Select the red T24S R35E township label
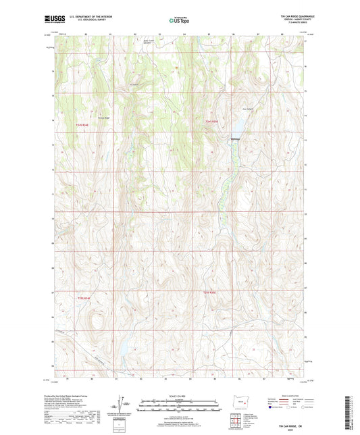click(213, 121)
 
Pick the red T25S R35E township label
click(210, 292)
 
